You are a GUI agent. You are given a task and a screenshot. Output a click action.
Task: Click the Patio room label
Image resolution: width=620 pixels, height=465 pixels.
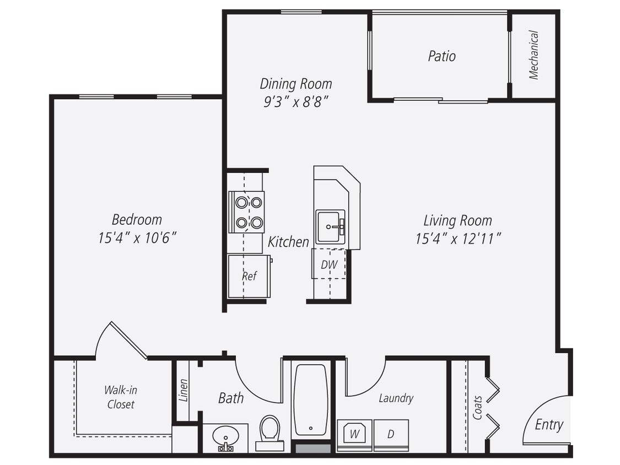(x=441, y=56)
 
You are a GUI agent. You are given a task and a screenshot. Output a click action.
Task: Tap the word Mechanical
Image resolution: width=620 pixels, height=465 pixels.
(x=533, y=55)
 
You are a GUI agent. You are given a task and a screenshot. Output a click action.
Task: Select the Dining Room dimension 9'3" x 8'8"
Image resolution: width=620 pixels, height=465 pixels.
(x=295, y=102)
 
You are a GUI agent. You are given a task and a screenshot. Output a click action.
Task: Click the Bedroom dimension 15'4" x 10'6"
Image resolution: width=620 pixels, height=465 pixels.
(x=137, y=238)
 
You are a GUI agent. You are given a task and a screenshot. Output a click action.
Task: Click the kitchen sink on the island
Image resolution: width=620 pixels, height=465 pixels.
(x=330, y=226)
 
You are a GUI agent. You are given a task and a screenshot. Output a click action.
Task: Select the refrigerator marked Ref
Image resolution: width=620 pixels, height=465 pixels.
(x=249, y=276)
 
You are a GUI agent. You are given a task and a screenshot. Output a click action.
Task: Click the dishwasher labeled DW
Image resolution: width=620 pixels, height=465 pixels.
(x=329, y=264)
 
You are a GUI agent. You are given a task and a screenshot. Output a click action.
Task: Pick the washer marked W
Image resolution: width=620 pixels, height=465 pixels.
(x=355, y=434)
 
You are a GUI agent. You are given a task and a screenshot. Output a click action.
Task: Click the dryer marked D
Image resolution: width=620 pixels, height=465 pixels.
(x=391, y=434)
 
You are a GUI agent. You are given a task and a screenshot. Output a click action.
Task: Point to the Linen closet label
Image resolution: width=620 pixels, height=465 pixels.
(x=184, y=390)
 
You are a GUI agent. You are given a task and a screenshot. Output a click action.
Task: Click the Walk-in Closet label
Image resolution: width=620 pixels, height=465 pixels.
(x=121, y=397)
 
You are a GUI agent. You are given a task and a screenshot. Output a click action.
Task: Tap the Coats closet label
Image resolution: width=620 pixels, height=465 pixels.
(x=477, y=407)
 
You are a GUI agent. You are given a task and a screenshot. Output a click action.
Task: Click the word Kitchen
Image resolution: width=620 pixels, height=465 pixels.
(x=288, y=241)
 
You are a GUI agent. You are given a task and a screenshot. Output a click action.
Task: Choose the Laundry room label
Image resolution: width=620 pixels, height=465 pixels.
(x=396, y=398)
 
